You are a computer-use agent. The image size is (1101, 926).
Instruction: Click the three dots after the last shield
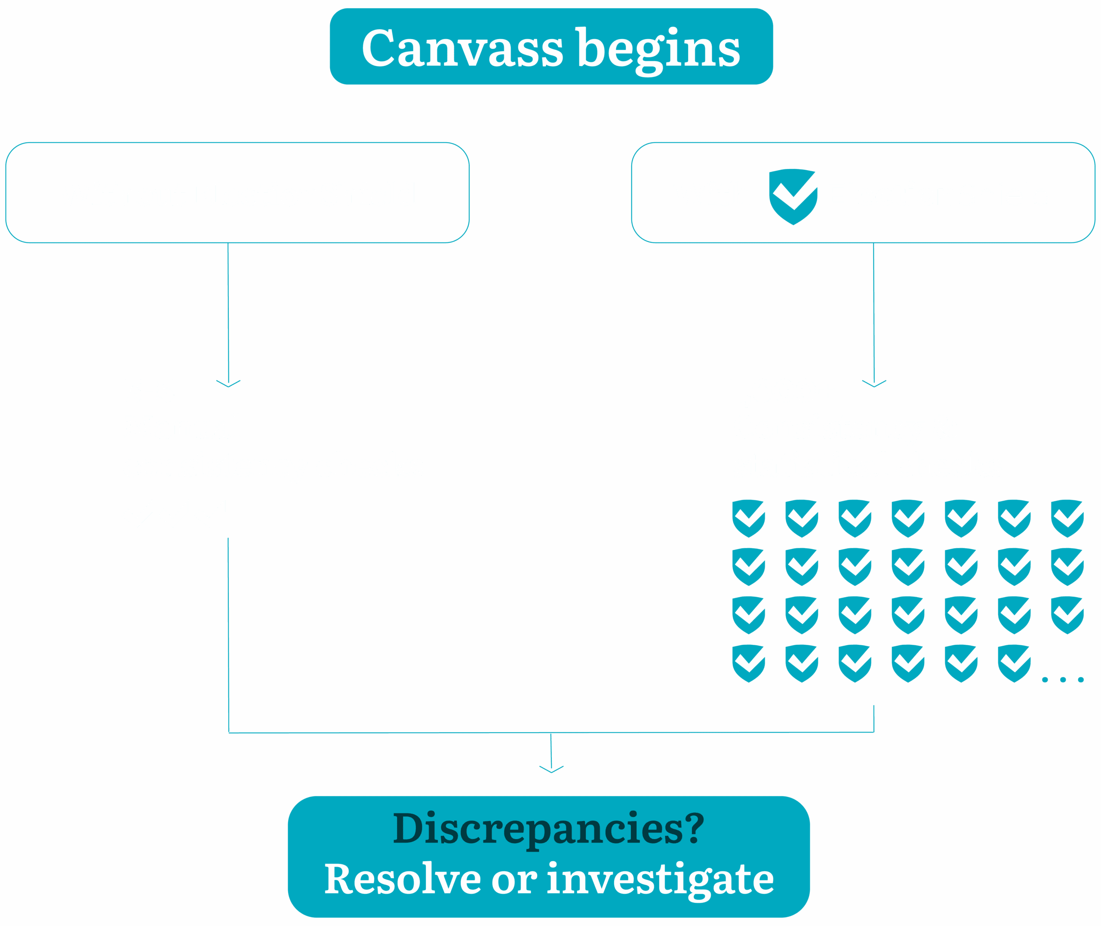pos(1063,680)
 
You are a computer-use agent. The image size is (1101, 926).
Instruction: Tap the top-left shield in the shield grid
pos(749,518)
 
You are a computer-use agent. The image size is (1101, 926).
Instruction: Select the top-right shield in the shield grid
pos(1067,518)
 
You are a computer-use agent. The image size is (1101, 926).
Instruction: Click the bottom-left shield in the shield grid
pos(749,663)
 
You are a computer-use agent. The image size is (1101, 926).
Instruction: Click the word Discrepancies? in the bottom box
pos(549,829)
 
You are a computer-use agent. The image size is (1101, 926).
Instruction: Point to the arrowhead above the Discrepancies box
pos(551,770)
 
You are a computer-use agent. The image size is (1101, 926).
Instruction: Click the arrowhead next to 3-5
pos(228,384)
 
